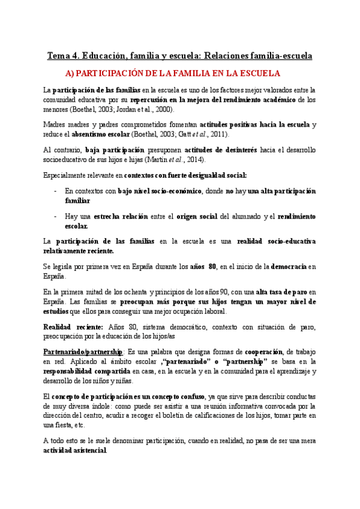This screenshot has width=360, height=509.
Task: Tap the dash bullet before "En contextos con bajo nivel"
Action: click(55, 191)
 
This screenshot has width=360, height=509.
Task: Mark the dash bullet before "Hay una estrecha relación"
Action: click(55, 216)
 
